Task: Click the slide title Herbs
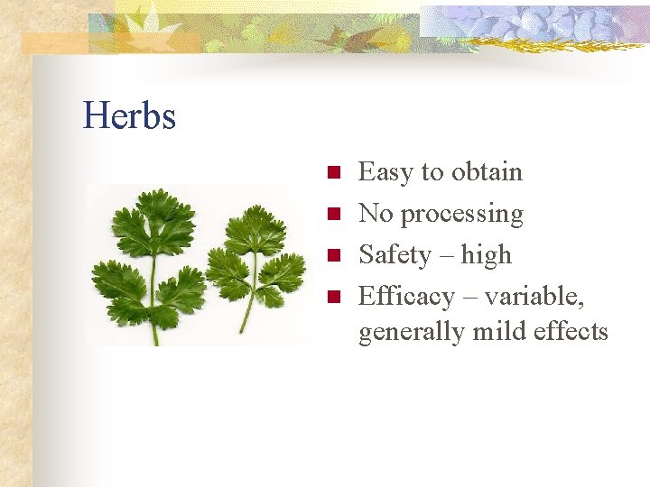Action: [x=129, y=115]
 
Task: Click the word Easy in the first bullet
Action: [x=386, y=171]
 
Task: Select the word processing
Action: [x=461, y=215]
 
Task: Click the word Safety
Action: [x=395, y=255]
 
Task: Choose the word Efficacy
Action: [x=406, y=297]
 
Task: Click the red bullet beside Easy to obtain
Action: [x=332, y=172]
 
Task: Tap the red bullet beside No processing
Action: [x=332, y=214]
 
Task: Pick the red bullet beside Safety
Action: [x=332, y=255]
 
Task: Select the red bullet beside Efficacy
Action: [x=332, y=297]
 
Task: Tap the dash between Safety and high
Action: [x=446, y=256]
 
